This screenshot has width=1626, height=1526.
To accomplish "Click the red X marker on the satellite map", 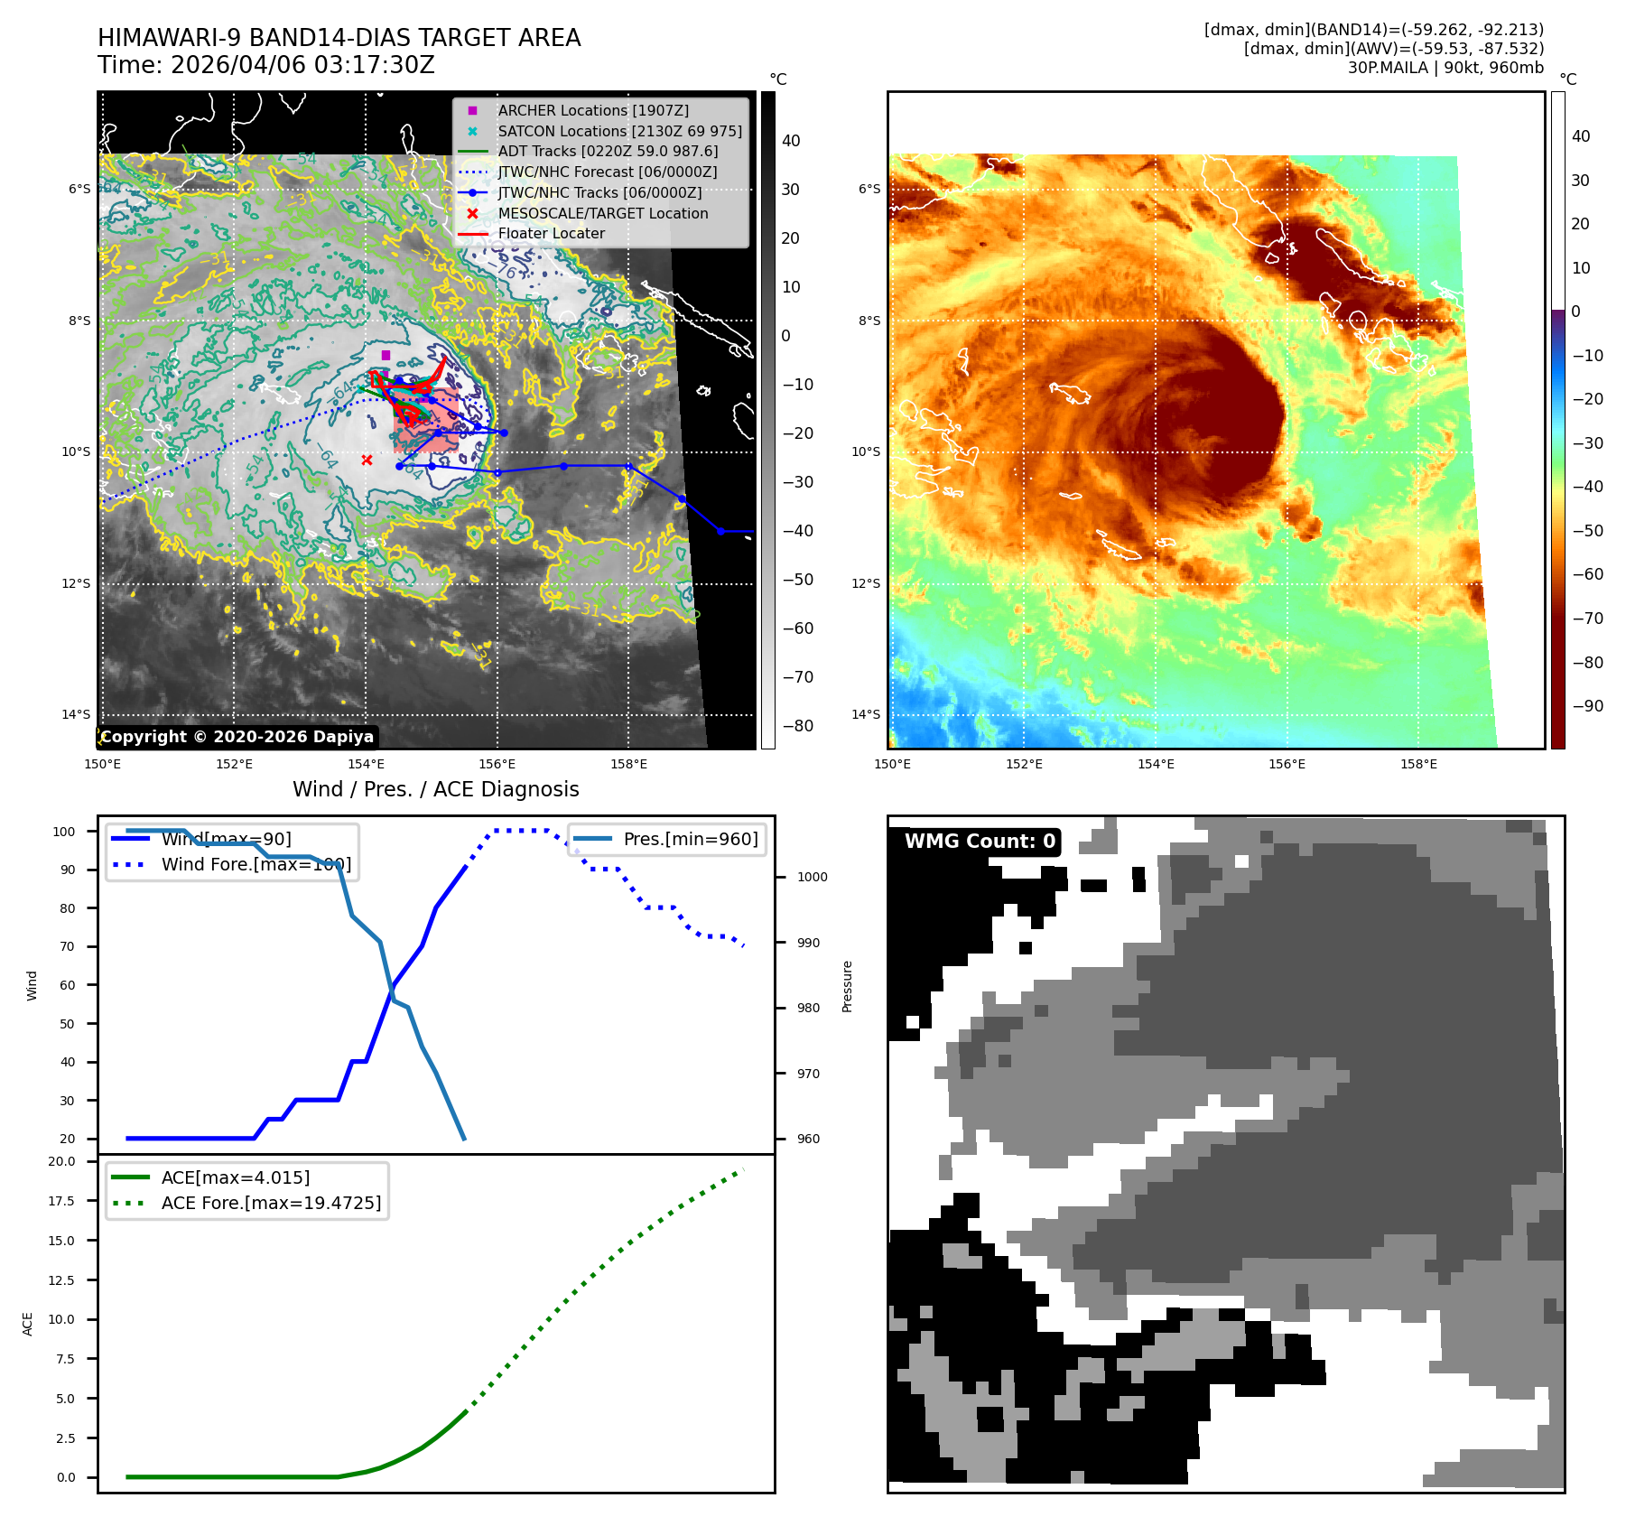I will click(x=367, y=461).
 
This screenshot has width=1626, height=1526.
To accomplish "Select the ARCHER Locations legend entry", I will click(x=592, y=110).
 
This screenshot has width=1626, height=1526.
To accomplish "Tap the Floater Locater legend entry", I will click(x=551, y=233).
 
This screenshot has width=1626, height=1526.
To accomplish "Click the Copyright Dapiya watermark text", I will click(x=237, y=737).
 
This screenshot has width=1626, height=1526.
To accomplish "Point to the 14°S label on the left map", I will click(x=76, y=714).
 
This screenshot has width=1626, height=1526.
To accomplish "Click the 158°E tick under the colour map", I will click(x=1418, y=764).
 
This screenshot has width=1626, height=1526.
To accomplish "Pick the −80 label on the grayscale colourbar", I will click(x=797, y=726).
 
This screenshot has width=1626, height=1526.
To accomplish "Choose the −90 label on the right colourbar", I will click(x=1588, y=706).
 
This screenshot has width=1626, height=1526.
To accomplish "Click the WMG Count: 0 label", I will click(x=980, y=842).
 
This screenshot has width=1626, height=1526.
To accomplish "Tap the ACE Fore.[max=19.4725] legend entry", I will click(x=271, y=1203).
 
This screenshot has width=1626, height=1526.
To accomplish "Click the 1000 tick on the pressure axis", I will click(x=812, y=877).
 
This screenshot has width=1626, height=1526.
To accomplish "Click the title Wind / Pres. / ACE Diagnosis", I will click(x=436, y=789).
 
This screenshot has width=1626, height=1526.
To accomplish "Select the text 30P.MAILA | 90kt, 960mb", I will click(x=1445, y=68).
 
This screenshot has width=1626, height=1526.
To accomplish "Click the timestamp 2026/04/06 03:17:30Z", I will click(x=302, y=65).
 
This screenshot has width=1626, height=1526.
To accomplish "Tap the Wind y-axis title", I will click(x=33, y=985).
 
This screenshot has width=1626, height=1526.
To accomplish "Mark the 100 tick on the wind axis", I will click(x=64, y=832).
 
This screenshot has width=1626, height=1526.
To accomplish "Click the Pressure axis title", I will click(x=847, y=986).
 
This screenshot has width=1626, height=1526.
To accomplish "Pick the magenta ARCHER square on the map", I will click(x=386, y=356).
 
